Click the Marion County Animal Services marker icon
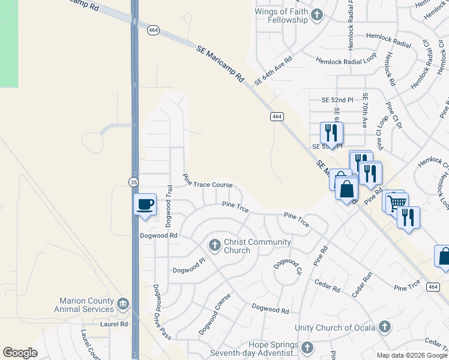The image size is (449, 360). coord(123,305)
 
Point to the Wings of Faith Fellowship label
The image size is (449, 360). coord(282,16)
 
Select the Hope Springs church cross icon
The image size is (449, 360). coord(307,348)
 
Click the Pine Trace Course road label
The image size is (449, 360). coord(207,181)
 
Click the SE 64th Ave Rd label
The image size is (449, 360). coord(273,70)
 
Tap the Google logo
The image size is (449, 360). coord(20,353)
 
